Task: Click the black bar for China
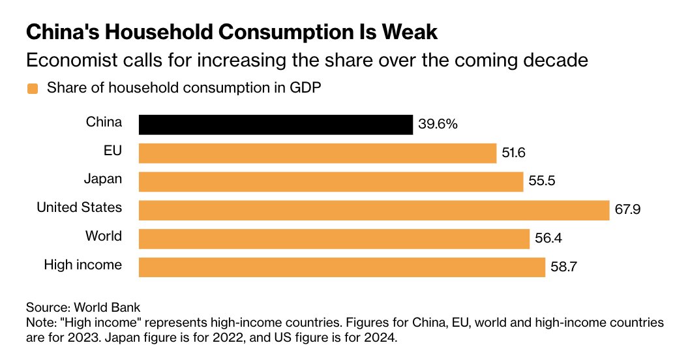coord(276,125)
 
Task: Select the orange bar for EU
coord(318,153)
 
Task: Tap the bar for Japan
coord(331,181)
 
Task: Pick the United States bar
coord(374,210)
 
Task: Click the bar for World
coord(334,238)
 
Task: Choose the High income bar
coord(342,267)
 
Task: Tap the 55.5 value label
coord(541,181)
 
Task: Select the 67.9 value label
coord(627,210)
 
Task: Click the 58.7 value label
coord(563,267)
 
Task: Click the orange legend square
coord(31,89)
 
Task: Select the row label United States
coord(79,207)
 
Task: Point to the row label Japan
coord(102,179)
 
